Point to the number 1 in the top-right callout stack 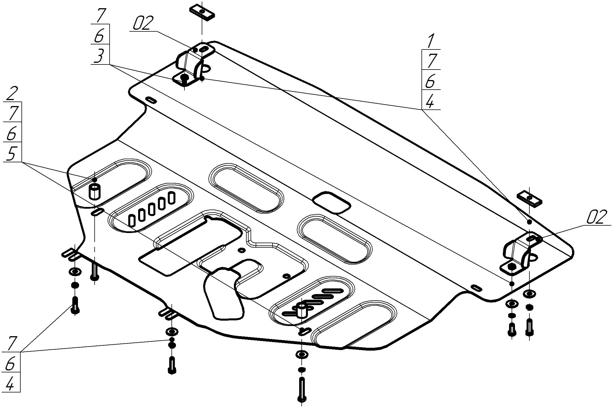click(430, 41)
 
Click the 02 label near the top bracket click(143, 23)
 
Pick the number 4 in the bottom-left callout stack click(10, 384)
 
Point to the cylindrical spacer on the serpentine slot click(302, 310)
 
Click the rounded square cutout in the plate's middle click(331, 202)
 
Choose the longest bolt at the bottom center click(302, 389)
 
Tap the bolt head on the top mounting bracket click(184, 78)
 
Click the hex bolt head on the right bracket click(512, 266)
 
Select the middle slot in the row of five click(152, 210)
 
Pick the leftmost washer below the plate click(75, 272)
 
